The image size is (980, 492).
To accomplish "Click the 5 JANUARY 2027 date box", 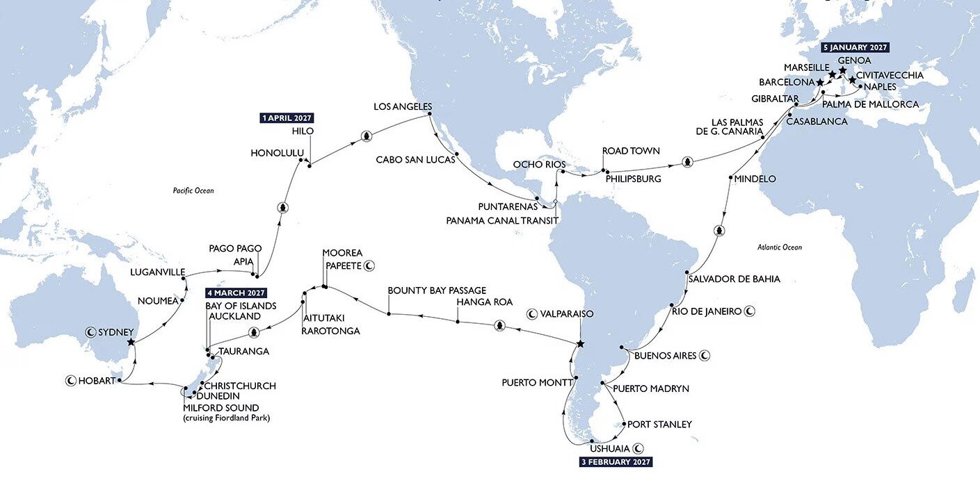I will coord(856,48).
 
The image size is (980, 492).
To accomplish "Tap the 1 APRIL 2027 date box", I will coord(287,118).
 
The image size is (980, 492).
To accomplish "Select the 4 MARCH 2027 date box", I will coord(236,293).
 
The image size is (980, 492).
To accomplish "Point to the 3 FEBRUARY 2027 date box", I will coord(616,461).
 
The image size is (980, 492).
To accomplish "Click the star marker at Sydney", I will coord(131,342).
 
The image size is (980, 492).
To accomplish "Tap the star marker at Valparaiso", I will coord(581,345).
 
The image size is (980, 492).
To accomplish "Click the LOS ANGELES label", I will coord(403,107).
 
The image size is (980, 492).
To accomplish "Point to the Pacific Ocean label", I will coord(193,190).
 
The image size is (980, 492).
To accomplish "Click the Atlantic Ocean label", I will coord(779,247).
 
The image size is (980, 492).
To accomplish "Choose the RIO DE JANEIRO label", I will coord(707,311).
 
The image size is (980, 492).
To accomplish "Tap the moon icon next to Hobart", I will coord(70,380).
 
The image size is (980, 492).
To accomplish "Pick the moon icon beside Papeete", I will coord(370,265).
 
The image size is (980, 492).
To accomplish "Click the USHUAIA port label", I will coord(609,448).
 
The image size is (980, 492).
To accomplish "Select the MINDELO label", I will coord(755,179).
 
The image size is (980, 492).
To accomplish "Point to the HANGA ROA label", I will coord(485,302).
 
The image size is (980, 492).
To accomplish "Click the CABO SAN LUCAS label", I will coord(415,160).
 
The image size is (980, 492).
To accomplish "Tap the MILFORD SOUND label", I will coord(220,407).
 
